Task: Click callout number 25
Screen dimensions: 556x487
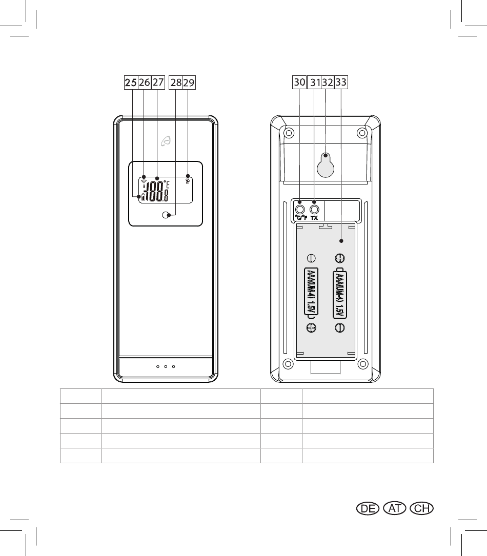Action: tap(131, 82)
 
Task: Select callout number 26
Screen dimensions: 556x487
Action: tap(145, 82)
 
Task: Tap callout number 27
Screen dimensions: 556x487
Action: tap(157, 82)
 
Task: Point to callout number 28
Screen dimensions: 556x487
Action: tap(176, 82)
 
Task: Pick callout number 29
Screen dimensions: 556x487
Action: tap(189, 82)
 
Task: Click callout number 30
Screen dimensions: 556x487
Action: tap(299, 82)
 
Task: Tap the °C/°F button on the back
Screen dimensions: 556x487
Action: tap(300, 209)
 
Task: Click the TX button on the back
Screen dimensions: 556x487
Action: tap(314, 209)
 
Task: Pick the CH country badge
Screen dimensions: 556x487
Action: tap(423, 508)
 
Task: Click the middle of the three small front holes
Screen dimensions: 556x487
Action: tap(165, 367)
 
